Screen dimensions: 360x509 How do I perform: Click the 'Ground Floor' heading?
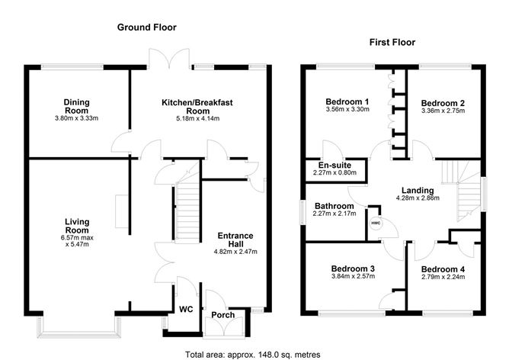146,27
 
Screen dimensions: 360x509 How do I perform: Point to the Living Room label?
77,226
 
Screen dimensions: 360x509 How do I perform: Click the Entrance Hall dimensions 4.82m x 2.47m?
235,252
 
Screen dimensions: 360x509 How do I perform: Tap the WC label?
186,310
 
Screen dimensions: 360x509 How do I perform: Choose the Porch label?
223,315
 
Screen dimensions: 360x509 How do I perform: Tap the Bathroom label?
333,206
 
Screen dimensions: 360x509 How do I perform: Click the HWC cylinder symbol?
376,223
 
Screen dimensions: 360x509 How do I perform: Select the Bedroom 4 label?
443,269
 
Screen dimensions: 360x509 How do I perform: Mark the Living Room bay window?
75,327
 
